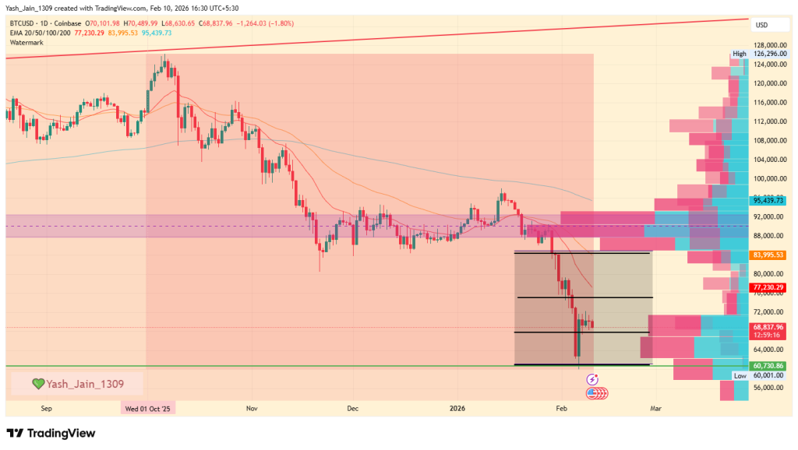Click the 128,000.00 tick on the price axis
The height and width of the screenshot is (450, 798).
pyautogui.click(x=768, y=45)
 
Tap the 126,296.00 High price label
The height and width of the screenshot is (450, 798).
pyautogui.click(x=768, y=54)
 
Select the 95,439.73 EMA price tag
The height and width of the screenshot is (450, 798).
pyautogui.click(x=768, y=200)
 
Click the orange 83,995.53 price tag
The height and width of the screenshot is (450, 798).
pyautogui.click(x=768, y=255)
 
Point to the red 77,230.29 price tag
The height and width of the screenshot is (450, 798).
pyautogui.click(x=768, y=287)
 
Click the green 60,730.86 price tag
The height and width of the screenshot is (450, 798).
pyautogui.click(x=768, y=365)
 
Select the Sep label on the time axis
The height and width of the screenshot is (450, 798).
pyautogui.click(x=46, y=407)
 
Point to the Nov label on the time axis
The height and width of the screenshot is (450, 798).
pyautogui.click(x=252, y=407)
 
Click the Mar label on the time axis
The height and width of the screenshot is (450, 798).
pyautogui.click(x=655, y=407)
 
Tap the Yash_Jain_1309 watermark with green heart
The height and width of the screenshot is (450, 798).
pyautogui.click(x=76, y=383)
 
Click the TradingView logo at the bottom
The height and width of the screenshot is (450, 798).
pyautogui.click(x=51, y=433)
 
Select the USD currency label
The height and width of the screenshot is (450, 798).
pyautogui.click(x=761, y=25)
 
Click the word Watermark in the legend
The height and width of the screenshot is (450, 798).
pyautogui.click(x=27, y=42)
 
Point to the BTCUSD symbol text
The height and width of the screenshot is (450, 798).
pyautogui.click(x=23, y=23)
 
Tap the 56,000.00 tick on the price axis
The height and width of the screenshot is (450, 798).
pyautogui.click(x=768, y=388)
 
